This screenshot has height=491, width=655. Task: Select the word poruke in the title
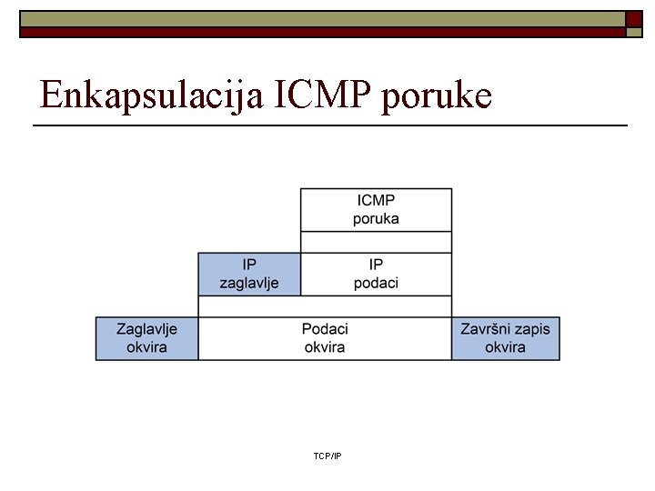pos(437,95)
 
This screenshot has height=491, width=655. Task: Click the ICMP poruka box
pos(376,209)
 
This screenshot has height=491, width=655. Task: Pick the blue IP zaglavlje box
pos(249,274)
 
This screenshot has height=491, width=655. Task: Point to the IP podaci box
pos(376,274)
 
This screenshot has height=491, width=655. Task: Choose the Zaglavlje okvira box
pos(146,338)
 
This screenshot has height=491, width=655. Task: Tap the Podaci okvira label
pos(325,338)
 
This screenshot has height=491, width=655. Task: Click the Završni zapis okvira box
pos(505,338)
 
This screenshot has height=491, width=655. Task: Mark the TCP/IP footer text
pos(327,456)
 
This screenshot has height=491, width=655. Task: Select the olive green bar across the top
pos(318,18)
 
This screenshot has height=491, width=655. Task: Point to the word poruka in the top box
pos(376,218)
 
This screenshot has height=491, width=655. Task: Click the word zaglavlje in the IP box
pos(249,283)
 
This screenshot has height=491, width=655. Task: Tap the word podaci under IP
pos(376,283)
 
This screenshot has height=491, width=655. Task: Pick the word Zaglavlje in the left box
pos(146,329)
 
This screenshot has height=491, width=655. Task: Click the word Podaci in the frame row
pos(325,329)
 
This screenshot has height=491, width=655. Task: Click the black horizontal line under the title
pos(329,124)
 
